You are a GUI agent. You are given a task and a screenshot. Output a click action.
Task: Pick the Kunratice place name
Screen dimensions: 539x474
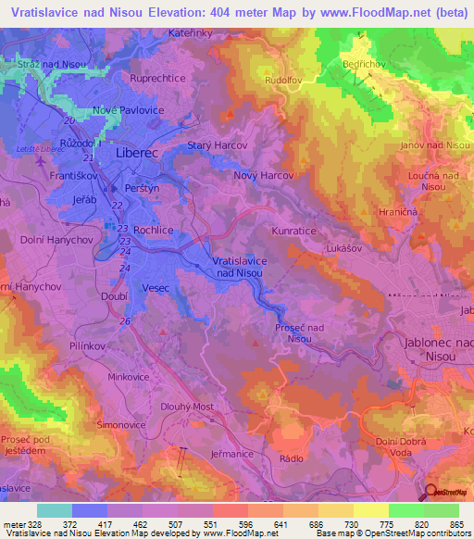point(295,227)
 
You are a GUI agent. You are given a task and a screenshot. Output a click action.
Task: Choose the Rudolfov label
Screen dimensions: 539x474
point(281,80)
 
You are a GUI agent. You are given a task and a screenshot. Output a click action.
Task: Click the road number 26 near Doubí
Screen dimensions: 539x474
point(125,320)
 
